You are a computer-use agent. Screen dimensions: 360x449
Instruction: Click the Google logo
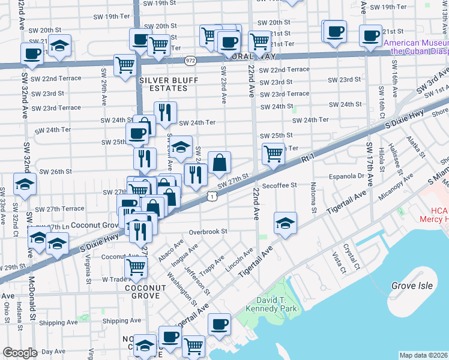click(20, 353)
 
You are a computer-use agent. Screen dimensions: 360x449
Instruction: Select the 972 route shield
click(190, 61)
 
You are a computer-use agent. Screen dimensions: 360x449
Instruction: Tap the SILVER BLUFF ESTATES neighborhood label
click(164, 84)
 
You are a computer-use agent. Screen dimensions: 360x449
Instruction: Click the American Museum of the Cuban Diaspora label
click(415, 47)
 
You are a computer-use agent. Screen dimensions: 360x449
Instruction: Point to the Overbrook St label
click(208, 231)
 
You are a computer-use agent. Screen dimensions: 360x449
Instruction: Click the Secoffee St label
click(279, 185)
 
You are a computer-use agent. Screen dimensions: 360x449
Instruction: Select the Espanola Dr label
click(348, 176)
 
